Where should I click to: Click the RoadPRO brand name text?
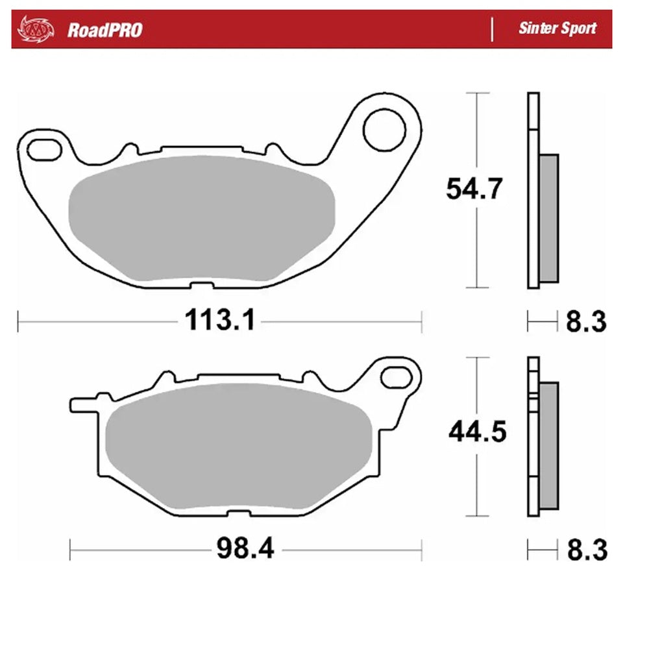pos(104,30)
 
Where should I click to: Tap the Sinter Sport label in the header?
pos(557,29)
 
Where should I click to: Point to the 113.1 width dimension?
pos(221,320)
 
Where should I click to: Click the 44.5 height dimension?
pos(477,432)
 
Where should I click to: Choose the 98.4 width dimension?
pos(245,550)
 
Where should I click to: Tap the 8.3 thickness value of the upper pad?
pos(586,321)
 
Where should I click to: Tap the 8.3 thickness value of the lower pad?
pos(586,551)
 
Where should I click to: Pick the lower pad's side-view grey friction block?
pos(548,446)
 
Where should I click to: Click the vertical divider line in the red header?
pos(492,29)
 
